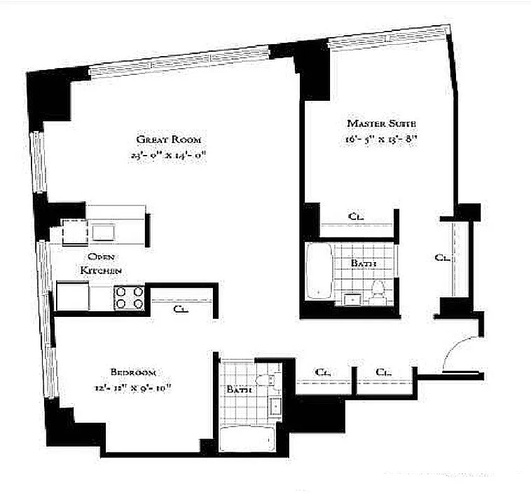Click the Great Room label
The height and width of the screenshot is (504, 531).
click(172, 139)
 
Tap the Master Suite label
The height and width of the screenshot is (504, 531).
click(381, 123)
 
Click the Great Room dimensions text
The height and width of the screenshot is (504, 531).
click(172, 154)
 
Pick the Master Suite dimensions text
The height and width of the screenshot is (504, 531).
click(381, 139)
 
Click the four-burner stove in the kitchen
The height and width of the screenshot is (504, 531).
click(128, 297)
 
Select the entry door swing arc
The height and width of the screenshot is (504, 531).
click(459, 350)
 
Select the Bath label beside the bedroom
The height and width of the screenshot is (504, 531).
click(239, 390)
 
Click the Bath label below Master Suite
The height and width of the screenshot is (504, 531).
click(363, 263)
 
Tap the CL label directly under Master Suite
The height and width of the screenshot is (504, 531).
click(356, 216)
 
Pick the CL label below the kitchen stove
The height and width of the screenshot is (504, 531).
click(180, 308)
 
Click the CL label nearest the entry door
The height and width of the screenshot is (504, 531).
click(384, 372)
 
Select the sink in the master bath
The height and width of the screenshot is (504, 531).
click(350, 299)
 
